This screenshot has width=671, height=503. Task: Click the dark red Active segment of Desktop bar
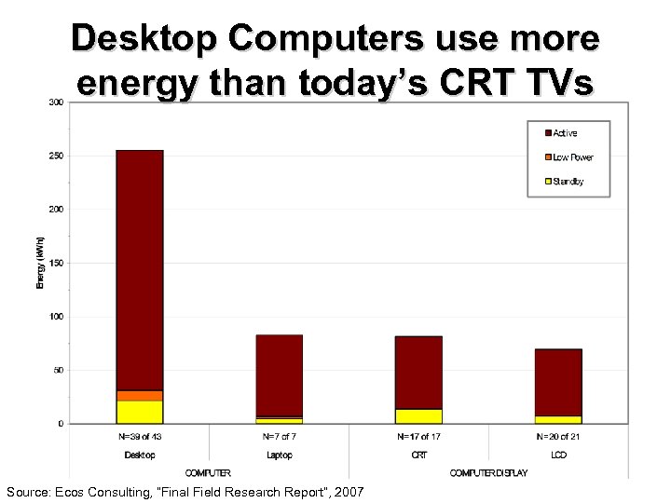coord(140,270)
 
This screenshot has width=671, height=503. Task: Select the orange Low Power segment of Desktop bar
coord(140,396)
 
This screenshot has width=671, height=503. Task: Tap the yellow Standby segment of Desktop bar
coord(140,412)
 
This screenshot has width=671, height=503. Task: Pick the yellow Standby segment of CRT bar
coord(418,415)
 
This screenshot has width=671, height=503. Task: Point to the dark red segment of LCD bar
coord(558,382)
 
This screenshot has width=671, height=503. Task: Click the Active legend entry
coord(564,133)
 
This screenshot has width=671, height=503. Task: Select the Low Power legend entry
coord(571,157)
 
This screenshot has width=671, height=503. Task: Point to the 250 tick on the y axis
coord(56,156)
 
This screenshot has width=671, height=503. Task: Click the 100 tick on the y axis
coord(56,317)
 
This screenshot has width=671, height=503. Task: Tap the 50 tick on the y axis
coord(58,370)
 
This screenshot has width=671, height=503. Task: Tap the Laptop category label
coord(279,455)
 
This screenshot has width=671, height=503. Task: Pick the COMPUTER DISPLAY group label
coord(488,473)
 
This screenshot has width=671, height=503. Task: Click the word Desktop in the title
coord(148,40)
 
